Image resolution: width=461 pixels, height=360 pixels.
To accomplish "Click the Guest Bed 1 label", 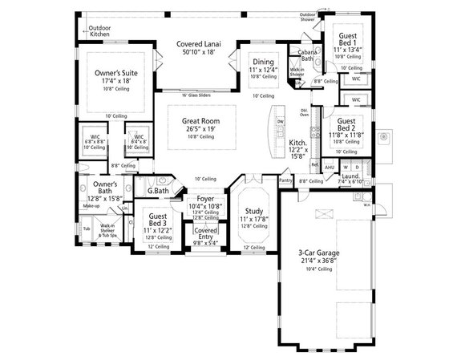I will [x=351, y=38].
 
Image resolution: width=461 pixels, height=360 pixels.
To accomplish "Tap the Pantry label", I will [x=285, y=181].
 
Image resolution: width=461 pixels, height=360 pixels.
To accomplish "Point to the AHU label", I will [x=329, y=167].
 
